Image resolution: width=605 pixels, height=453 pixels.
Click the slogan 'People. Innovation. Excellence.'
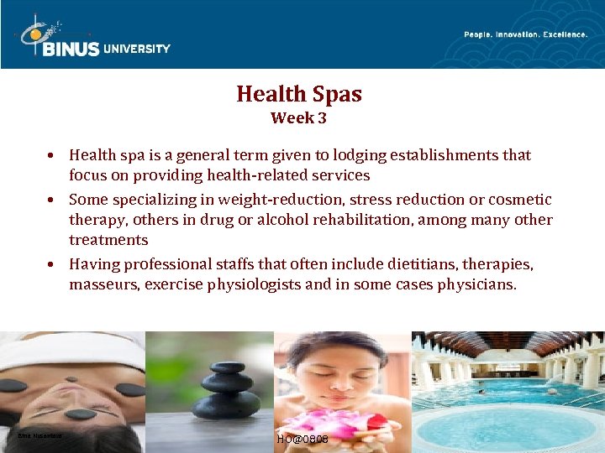click(526, 34)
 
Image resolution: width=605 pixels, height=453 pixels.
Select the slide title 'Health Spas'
click(299, 94)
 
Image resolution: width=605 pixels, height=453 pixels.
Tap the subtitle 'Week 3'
click(298, 118)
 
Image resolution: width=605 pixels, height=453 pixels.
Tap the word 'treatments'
click(108, 240)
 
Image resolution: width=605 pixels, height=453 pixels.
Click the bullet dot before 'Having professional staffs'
click(52, 264)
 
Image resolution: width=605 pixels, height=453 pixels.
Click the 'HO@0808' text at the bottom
click(302, 440)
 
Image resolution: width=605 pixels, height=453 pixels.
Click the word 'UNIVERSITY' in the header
click(137, 49)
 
